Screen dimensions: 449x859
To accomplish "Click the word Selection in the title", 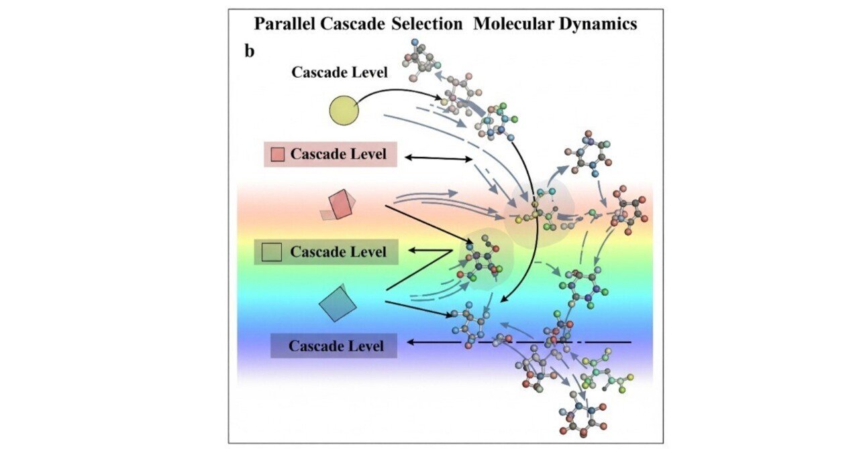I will click(x=427, y=25).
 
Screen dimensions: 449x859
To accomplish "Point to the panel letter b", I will click(x=249, y=51).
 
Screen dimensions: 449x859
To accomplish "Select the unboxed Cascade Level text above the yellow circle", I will click(x=339, y=72).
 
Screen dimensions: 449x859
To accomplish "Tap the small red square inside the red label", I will click(x=277, y=155).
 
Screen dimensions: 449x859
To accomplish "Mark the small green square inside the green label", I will click(x=272, y=253).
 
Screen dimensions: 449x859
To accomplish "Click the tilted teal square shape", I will click(x=338, y=303).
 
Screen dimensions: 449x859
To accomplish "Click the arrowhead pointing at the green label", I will click(x=415, y=250).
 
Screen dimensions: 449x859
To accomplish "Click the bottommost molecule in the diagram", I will click(x=578, y=422).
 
